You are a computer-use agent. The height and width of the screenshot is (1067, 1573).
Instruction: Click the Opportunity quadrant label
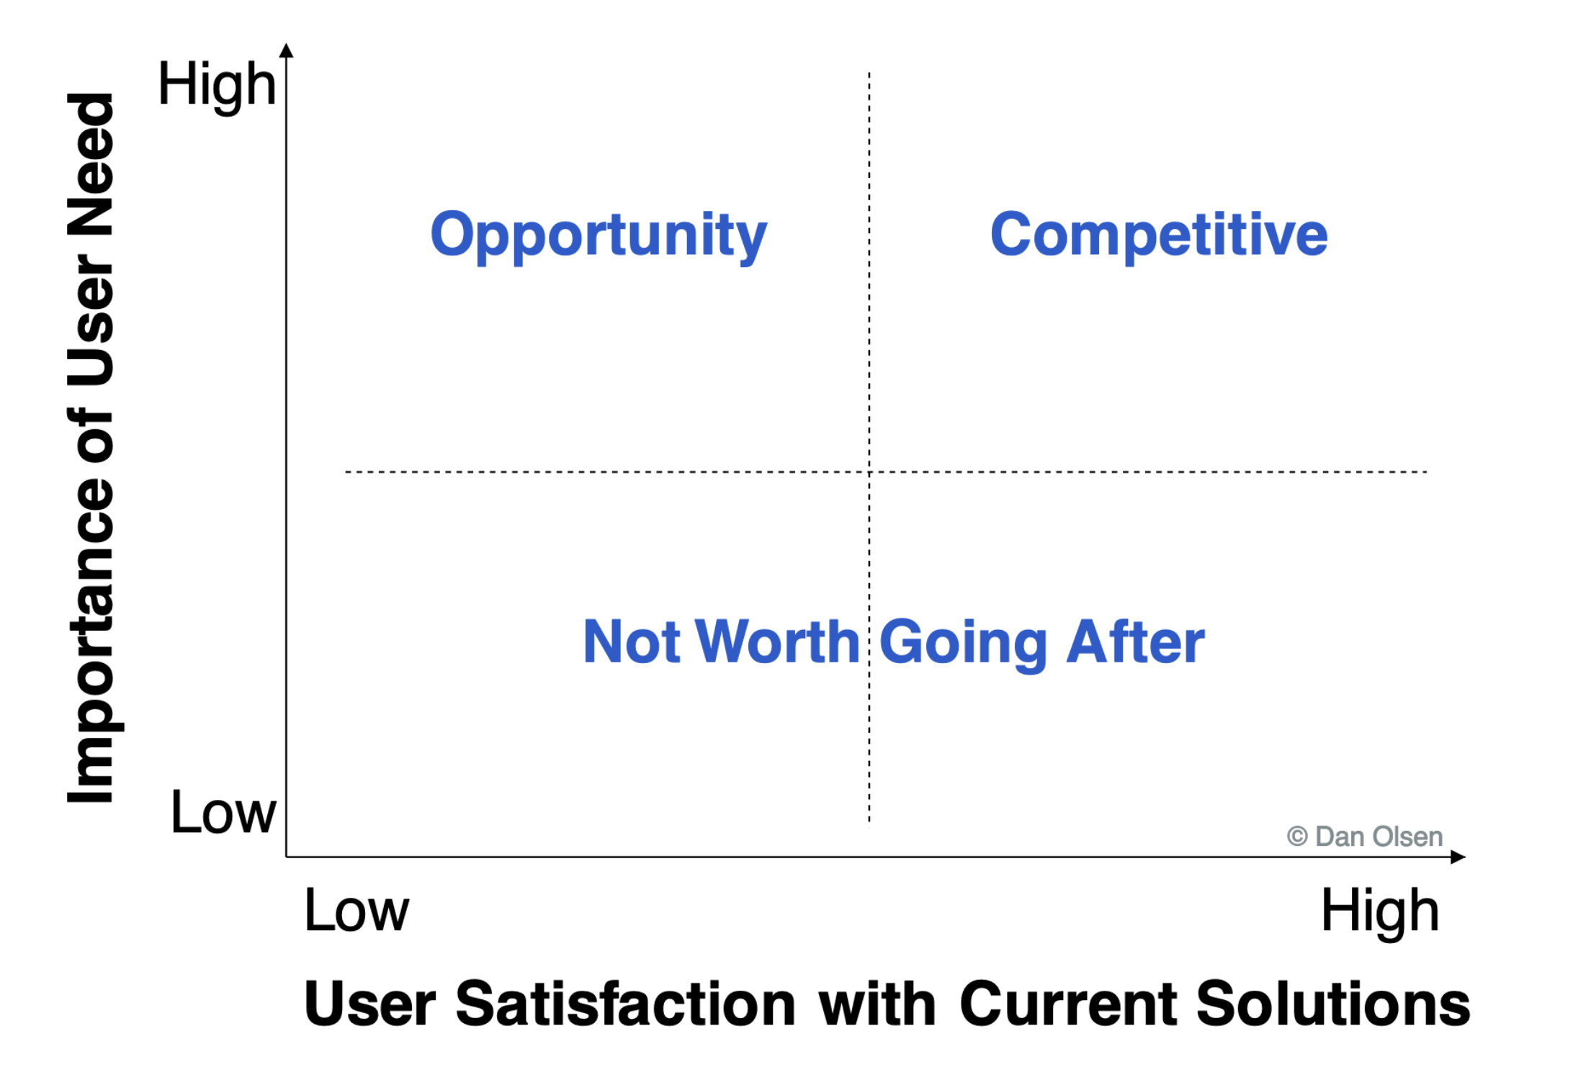point(599,236)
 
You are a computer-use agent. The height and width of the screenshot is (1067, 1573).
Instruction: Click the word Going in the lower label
point(963,644)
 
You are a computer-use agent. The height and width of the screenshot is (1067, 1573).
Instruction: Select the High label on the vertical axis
point(217,86)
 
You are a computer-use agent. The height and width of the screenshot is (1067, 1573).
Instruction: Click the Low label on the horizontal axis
point(357,910)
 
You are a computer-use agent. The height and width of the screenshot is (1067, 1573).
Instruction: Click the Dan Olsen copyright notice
point(1365,837)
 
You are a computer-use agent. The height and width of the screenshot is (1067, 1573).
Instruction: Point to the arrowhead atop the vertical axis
point(287,50)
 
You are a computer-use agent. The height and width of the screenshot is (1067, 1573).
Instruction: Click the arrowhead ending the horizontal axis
point(1458,857)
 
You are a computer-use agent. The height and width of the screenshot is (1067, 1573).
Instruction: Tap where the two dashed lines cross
point(869,472)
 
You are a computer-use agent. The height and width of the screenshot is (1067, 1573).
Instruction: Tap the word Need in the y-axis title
point(91,165)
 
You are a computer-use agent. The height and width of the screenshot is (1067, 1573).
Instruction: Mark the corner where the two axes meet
point(287,857)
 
